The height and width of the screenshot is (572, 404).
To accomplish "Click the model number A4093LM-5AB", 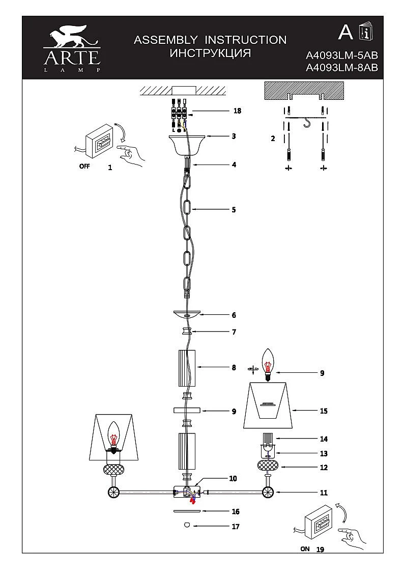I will (342, 56).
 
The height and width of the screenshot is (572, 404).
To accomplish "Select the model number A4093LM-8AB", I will (342, 68).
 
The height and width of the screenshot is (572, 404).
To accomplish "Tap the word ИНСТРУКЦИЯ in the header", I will (210, 53).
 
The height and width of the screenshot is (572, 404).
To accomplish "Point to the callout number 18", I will (237, 111).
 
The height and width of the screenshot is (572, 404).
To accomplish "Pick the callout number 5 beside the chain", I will (234, 209).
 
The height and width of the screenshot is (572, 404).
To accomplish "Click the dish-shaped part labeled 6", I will (187, 315).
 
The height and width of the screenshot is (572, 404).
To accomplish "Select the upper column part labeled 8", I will (187, 368).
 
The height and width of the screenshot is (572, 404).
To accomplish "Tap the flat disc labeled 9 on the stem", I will (187, 410).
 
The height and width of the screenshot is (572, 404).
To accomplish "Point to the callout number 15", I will (324, 411).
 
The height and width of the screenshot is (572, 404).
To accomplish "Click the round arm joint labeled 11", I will (268, 493).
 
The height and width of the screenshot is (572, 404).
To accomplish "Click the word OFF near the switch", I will (84, 167).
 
